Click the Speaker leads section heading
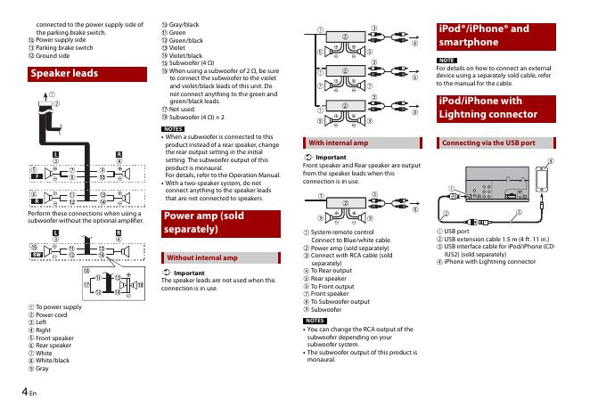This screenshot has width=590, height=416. [x=64, y=74]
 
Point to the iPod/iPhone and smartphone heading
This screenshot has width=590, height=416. [x=485, y=35]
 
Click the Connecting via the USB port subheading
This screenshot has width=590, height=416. [x=489, y=143]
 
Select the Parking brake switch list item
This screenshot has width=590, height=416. [x=60, y=47]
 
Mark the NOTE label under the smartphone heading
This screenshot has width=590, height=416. [x=447, y=61]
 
